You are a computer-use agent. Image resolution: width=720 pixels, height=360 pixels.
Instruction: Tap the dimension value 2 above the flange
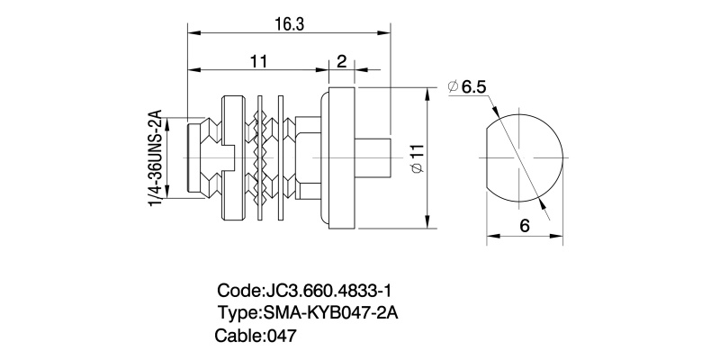pyautogui.click(x=341, y=61)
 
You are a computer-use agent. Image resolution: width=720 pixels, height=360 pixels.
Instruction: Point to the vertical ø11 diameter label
pyautogui.click(x=415, y=161)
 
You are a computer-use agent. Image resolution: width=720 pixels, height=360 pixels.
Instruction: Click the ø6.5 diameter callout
pyautogui.click(x=467, y=87)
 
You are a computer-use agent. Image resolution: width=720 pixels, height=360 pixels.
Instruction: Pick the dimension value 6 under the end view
pyautogui.click(x=524, y=226)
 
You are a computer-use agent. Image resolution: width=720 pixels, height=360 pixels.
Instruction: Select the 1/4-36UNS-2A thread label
pyautogui.click(x=154, y=160)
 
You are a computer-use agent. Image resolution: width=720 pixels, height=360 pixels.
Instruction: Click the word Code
pyautogui.click(x=238, y=292)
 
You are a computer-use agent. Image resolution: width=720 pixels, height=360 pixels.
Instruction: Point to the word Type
pyautogui.click(x=238, y=314)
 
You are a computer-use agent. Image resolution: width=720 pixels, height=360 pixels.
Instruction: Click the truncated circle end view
pyautogui.click(x=526, y=157)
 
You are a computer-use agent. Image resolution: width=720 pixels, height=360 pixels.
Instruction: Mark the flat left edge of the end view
pyautogui.click(x=488, y=157)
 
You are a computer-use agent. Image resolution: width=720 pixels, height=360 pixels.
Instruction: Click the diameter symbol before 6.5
pyautogui.click(x=452, y=87)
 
